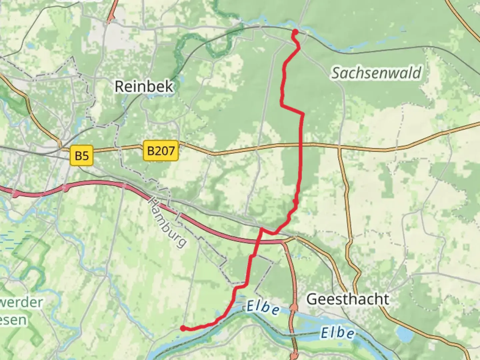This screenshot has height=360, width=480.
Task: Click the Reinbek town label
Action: pyautogui.click(x=144, y=86)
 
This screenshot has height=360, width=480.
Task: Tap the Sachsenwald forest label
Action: pyautogui.click(x=376, y=73)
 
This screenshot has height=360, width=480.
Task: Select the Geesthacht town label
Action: pyautogui.click(x=347, y=299)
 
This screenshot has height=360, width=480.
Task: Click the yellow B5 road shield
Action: pyautogui.click(x=82, y=156)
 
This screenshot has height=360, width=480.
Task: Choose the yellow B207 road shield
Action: pyautogui.click(x=161, y=151)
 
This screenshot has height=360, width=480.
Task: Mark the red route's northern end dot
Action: pyautogui.click(x=295, y=32)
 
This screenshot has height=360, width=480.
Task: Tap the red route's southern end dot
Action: pyautogui.click(x=183, y=328)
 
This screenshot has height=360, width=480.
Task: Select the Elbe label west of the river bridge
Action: pyautogui.click(x=263, y=307)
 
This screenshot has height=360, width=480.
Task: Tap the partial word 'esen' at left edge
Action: pyautogui.click(x=13, y=320)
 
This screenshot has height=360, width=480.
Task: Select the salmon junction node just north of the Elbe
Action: pyautogui.click(x=294, y=307)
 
